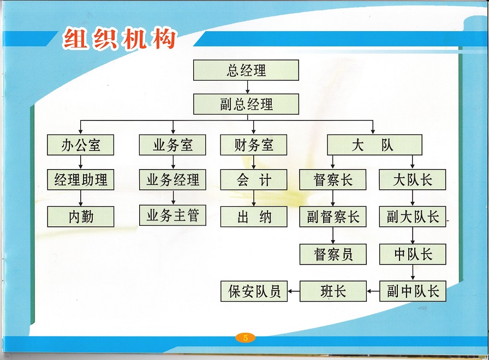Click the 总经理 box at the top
246,70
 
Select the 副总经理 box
246,104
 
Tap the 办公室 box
80,145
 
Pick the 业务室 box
172,145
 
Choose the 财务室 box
254,145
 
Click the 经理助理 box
80,180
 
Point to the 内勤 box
80,217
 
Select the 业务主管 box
172,215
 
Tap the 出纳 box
254,217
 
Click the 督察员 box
333,254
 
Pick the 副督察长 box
333,217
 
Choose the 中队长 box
413,254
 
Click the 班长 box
333,291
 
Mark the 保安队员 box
254,291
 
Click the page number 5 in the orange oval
246,338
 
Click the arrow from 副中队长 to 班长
373,291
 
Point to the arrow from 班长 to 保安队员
294,291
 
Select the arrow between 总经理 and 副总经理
247,87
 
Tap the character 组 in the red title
75,38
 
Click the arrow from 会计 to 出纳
254,198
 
